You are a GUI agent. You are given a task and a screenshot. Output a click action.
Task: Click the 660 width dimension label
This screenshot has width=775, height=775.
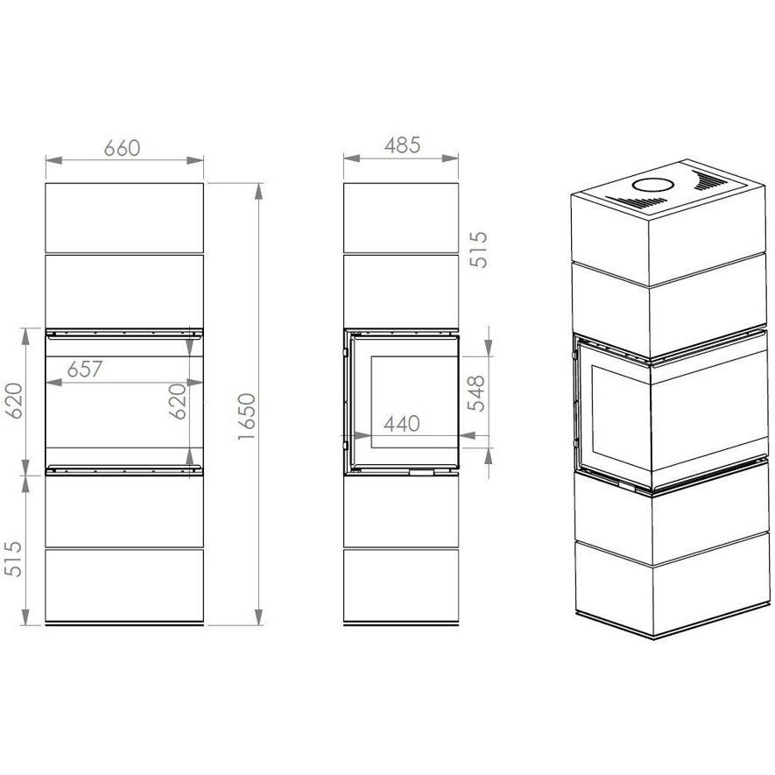122,148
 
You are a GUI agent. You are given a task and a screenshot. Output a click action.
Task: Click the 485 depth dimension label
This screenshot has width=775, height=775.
402,145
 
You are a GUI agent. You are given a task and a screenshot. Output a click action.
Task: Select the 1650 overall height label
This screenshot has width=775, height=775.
246,416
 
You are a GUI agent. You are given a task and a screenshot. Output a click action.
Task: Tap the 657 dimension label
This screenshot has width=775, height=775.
85,369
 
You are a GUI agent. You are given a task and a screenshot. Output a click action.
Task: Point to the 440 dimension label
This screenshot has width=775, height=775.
402,424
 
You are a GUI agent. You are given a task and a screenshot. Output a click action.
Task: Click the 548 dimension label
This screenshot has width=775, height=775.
477,393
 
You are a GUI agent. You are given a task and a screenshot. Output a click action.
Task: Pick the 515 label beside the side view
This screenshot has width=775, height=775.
478,250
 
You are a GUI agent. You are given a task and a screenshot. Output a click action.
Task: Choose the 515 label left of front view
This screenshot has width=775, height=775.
13,559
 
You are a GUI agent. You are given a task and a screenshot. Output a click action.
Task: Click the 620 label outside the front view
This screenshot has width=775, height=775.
13,401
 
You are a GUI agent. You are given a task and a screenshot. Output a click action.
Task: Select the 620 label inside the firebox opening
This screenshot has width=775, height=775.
178,401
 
